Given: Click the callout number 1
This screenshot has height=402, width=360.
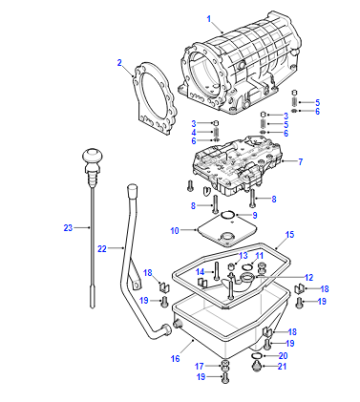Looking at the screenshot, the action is (209, 19).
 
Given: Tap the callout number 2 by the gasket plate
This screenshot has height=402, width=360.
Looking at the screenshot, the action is (119, 63).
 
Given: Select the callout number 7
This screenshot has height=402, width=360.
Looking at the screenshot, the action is (300, 162).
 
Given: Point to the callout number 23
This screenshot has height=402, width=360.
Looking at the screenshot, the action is (68, 228).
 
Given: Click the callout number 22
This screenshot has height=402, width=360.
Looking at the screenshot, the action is (102, 248).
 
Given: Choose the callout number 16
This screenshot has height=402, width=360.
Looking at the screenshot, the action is (175, 359).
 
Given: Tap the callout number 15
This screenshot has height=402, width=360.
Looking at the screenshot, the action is (290, 234).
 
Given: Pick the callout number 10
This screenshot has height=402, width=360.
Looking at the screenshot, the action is (175, 230).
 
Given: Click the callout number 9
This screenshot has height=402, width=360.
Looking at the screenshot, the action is (255, 215).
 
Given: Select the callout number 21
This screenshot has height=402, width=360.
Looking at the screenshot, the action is (282, 366).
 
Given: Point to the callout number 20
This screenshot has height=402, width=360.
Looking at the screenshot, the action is (283, 356).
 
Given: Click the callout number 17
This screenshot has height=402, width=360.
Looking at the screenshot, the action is (199, 366).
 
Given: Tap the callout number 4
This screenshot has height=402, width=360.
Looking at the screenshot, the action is (194, 132).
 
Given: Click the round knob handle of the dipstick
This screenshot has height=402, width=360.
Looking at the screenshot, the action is (92, 156).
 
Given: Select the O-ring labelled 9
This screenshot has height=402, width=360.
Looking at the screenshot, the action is (228, 215).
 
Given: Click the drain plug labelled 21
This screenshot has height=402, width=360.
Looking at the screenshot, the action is (256, 366).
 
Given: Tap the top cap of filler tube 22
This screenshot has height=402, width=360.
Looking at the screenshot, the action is (132, 190).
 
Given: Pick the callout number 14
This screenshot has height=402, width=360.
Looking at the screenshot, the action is (200, 272).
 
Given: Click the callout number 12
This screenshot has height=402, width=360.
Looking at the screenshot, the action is (309, 277).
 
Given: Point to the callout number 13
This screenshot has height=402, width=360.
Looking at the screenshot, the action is (243, 255).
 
